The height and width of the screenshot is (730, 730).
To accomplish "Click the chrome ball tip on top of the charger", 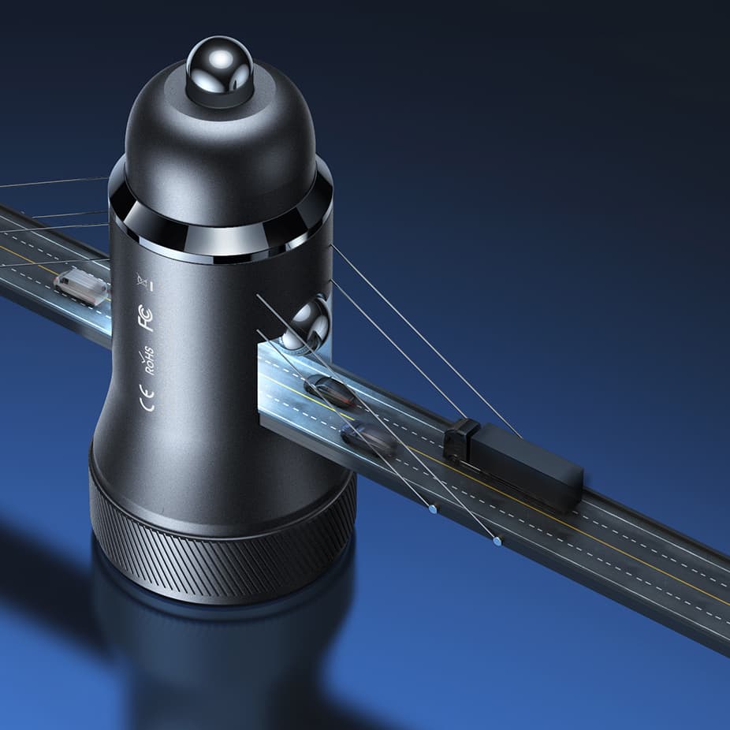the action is tap(219, 70).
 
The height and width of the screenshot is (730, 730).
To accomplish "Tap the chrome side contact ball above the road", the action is tap(308, 323).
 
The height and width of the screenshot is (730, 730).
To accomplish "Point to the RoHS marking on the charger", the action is tap(148, 360).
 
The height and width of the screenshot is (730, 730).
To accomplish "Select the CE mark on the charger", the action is tap(147, 399).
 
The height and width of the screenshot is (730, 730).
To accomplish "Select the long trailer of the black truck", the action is tap(526, 466).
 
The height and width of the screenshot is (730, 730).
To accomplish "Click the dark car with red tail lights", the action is tap(330, 390).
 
